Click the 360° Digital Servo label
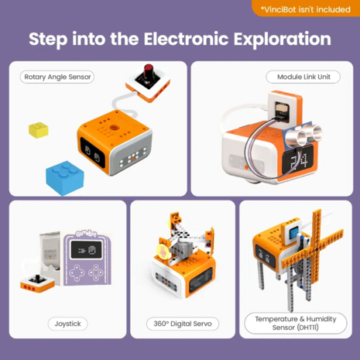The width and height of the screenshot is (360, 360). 180,323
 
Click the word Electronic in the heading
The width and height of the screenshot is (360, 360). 186,39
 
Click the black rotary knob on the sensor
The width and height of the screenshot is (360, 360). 144,75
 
